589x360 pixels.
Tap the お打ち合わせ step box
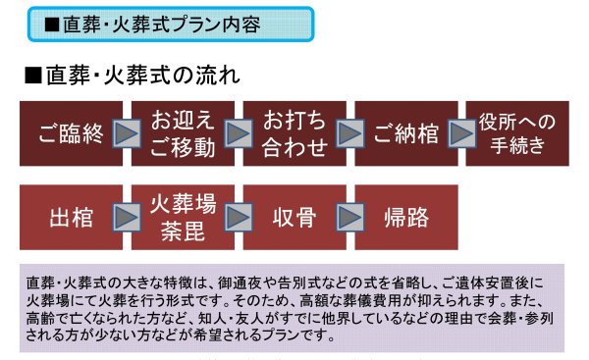point(293,134)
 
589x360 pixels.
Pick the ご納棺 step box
point(403,134)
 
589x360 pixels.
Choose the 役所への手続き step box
point(516,134)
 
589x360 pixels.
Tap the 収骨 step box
point(293,216)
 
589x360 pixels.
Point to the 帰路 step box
point(403,216)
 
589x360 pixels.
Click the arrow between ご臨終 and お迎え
point(126,134)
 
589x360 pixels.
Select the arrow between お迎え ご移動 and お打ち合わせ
point(238,134)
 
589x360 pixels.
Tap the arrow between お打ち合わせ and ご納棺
point(348,134)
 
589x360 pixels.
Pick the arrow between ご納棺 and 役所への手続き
point(460,134)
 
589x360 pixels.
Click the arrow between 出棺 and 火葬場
point(126,216)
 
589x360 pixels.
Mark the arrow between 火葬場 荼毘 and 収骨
point(238,216)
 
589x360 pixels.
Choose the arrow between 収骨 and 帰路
point(348,216)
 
